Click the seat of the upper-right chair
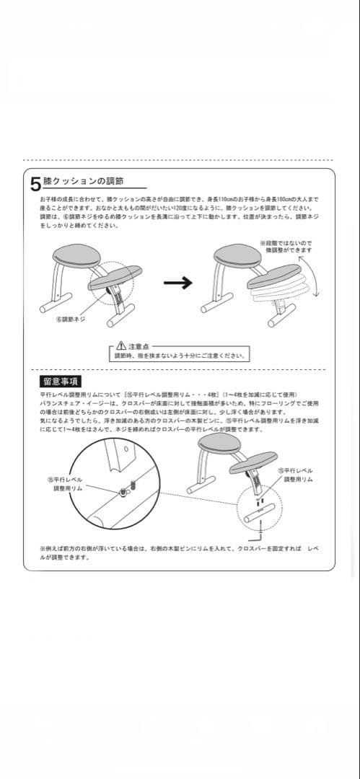(236, 254)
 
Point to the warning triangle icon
(121, 346)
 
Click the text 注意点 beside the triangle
(139, 346)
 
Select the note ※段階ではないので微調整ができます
(286, 247)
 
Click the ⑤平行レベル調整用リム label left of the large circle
(65, 484)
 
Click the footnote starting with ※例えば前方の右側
(180, 553)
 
